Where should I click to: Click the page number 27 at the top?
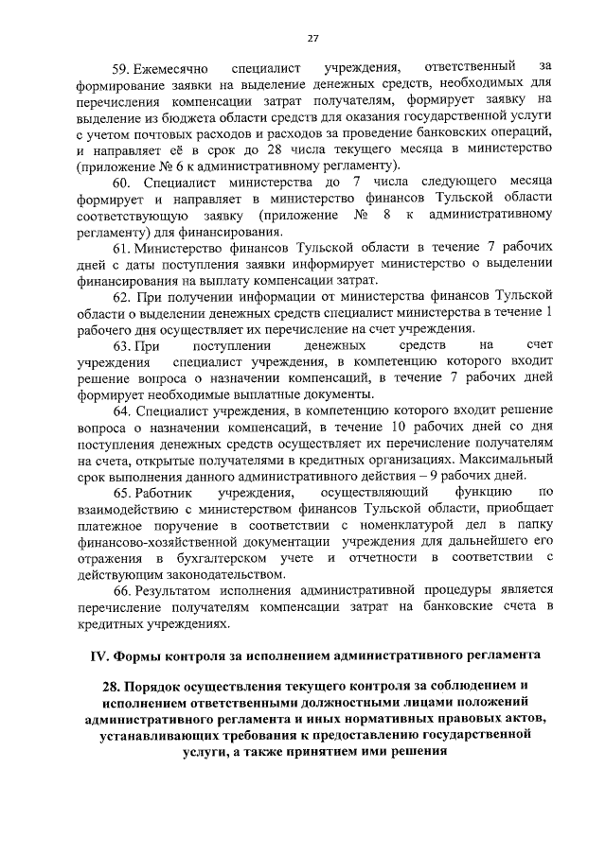(x=312, y=38)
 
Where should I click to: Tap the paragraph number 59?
(x=120, y=67)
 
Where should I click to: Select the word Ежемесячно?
(x=168, y=67)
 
